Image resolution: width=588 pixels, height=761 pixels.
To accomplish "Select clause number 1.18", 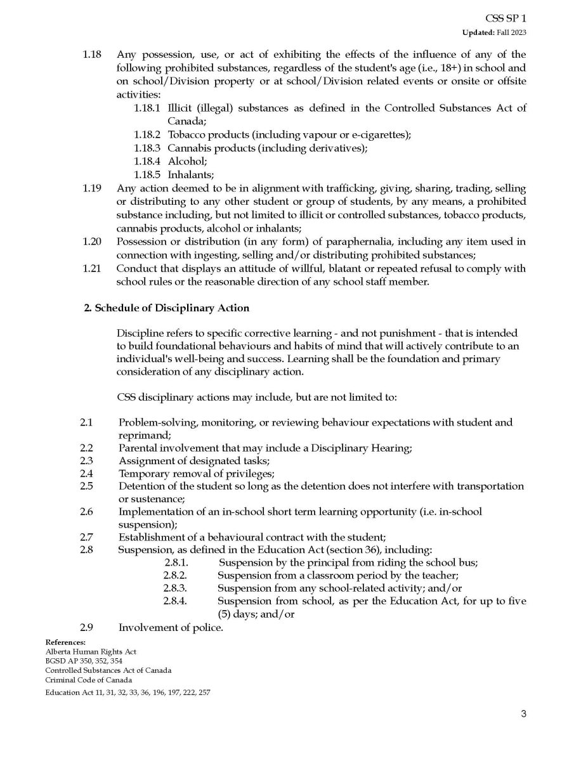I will click(x=92, y=55).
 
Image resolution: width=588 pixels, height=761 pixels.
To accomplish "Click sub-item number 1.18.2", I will click(x=150, y=134).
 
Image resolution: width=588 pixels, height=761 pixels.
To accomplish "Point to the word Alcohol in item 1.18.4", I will click(x=182, y=161).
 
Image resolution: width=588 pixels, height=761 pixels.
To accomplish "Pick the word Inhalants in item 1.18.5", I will click(x=189, y=174).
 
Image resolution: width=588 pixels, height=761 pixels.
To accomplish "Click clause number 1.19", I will click(x=92, y=188).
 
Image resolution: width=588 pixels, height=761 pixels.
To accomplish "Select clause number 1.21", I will click(x=92, y=268).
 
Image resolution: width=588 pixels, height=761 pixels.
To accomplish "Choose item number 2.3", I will click(x=87, y=460).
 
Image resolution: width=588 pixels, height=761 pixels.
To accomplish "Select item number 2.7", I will click(x=87, y=538).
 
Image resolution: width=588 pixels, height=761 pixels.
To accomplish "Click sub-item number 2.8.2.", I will click(x=175, y=576).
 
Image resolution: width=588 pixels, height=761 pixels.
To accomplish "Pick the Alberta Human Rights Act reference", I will click(x=91, y=651).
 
